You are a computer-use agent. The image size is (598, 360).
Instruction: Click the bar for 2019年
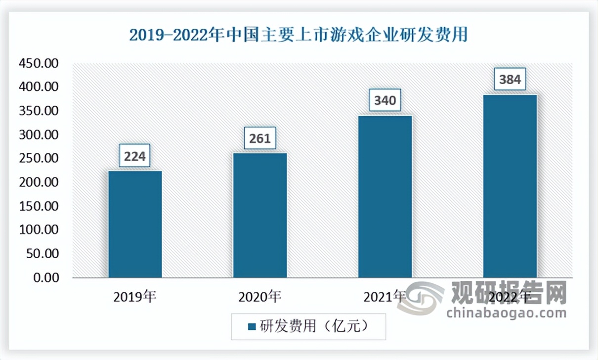[135, 224]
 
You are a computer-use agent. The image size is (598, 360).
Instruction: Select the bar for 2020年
[260, 215]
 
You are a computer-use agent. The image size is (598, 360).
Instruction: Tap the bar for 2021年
[385, 196]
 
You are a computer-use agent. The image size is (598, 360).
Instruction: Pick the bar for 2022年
[510, 186]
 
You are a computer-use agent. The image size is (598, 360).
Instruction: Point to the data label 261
[260, 139]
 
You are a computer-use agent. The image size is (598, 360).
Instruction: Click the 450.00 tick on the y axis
[39, 63]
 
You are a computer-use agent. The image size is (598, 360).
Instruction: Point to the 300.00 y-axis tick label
[39, 135]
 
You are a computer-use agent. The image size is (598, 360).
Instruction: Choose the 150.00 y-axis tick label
[39, 206]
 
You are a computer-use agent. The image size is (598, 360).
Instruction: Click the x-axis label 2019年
[135, 297]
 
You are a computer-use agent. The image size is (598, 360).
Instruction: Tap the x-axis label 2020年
[260, 297]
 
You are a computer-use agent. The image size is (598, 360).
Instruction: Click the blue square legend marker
[252, 327]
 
